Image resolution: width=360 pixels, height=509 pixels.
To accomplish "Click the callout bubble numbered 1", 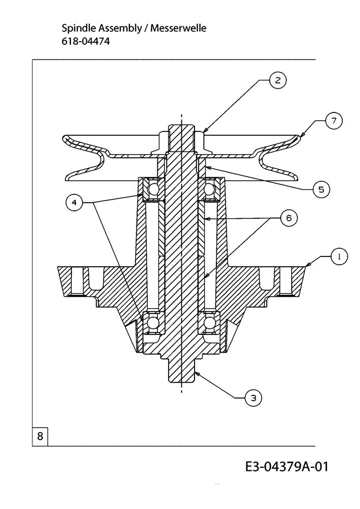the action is [339, 257].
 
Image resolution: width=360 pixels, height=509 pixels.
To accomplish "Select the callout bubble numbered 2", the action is [278, 80].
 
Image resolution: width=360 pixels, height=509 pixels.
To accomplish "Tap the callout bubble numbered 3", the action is [254, 398].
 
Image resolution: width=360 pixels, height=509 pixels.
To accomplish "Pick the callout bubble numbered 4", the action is [74, 203].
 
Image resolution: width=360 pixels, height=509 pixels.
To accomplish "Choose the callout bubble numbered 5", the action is [321, 189].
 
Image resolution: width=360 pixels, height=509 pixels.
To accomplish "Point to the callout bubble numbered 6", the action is [289, 218].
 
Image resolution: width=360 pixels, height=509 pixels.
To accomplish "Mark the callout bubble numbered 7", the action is [334, 121].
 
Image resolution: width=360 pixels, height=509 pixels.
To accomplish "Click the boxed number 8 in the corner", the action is [40, 436].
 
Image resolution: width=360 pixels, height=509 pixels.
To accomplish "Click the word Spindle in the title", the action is [79, 29].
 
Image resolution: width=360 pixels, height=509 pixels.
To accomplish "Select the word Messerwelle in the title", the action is [178, 28].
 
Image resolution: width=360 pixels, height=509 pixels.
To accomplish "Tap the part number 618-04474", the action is [86, 42].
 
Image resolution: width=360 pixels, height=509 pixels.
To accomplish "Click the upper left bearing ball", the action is [153, 189].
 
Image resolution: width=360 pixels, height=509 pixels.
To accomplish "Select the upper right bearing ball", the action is [209, 189].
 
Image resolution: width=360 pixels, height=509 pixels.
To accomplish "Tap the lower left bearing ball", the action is [153, 323].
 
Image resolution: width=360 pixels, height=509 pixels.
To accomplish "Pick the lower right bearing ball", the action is [209, 323].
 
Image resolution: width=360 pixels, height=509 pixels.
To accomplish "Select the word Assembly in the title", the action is [120, 29].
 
